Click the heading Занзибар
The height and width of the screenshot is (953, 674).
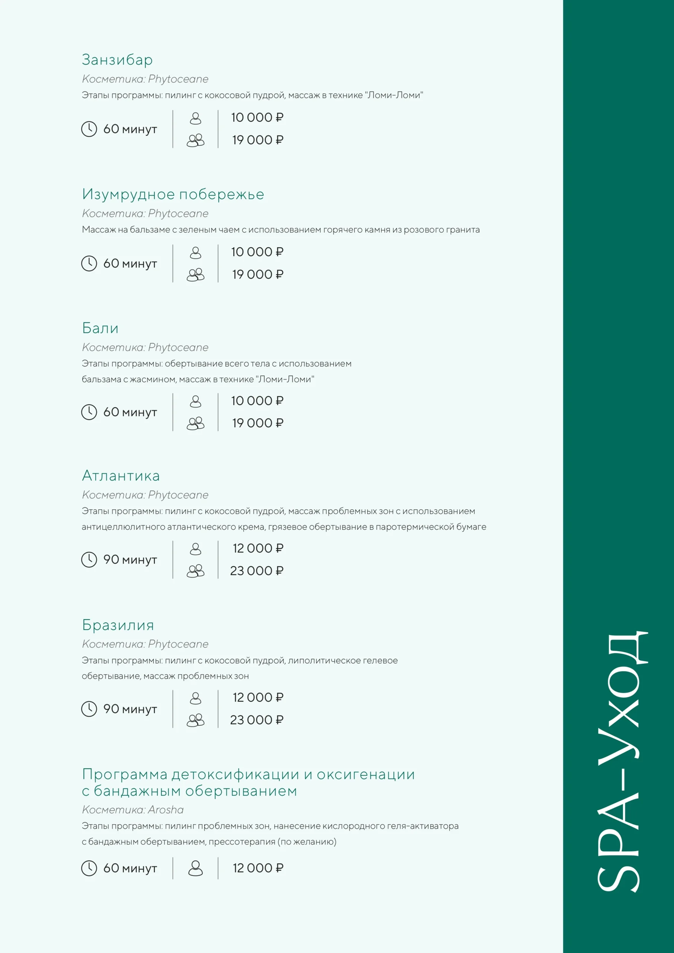(117, 60)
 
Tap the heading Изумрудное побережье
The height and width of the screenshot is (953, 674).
(173, 194)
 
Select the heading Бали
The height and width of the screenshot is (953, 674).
(100, 328)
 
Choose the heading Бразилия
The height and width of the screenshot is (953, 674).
(118, 625)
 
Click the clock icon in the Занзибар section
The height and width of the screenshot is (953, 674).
(89, 129)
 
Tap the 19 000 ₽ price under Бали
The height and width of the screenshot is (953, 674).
(257, 423)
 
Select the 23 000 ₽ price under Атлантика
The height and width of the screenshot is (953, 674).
(256, 571)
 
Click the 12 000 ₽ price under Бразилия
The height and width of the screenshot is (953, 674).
(258, 698)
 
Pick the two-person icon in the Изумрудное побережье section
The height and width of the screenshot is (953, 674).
(195, 275)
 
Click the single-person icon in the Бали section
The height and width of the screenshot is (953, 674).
(195, 401)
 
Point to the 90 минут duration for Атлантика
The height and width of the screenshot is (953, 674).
(130, 560)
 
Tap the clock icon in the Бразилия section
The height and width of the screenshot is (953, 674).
(89, 709)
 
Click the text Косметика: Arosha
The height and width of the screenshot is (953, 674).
(132, 810)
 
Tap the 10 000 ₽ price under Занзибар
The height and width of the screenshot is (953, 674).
(257, 118)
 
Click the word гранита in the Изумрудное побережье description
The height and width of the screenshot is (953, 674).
(464, 230)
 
